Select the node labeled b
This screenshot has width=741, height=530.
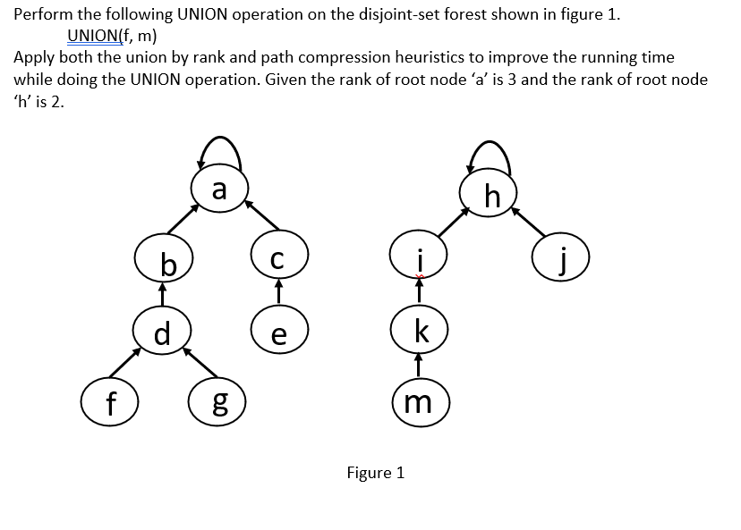162,261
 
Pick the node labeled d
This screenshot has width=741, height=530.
162,332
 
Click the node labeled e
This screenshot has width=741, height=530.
279,333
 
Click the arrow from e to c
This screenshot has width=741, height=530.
279,292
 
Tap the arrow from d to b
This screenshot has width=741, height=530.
162,297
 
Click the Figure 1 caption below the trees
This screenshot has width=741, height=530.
375,473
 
